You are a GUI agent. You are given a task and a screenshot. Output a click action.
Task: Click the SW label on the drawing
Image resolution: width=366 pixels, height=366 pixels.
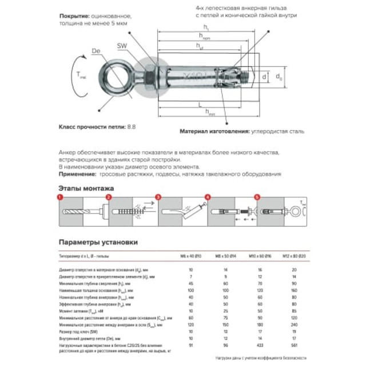tap(121, 45)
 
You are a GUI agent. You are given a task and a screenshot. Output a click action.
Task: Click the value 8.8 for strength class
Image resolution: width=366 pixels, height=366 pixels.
tap(132, 125)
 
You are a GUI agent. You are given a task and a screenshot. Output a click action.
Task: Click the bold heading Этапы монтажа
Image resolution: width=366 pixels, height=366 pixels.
tap(86, 188)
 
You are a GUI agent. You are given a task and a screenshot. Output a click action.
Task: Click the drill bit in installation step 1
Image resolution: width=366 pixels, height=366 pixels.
tap(79, 212)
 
